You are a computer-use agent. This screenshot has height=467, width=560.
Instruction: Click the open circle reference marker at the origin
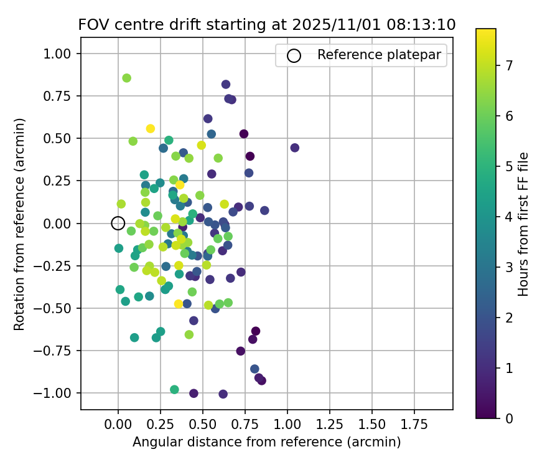(x=118, y=223)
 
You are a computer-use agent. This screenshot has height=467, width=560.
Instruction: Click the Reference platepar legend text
(x=379, y=55)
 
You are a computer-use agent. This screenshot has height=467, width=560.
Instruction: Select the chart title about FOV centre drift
(x=266, y=25)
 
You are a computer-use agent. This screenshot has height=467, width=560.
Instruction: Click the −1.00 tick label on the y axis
(x=58, y=393)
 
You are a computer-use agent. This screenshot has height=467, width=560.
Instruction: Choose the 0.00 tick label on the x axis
(x=118, y=425)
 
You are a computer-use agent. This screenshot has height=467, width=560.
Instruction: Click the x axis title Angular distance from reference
(x=266, y=442)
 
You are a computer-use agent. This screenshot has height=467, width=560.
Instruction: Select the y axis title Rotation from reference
(x=20, y=223)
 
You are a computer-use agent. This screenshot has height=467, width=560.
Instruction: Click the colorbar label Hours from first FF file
(x=523, y=223)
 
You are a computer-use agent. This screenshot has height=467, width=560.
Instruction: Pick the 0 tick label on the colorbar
(x=509, y=418)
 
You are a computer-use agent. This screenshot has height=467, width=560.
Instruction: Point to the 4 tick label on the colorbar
(x=509, y=217)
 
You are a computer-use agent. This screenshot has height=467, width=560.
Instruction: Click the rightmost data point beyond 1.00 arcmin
(x=295, y=148)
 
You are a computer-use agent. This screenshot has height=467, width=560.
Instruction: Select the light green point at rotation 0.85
(x=127, y=78)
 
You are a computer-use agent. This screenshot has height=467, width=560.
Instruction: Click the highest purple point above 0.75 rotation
(x=226, y=84)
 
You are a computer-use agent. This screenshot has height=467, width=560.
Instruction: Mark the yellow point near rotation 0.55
(x=151, y=128)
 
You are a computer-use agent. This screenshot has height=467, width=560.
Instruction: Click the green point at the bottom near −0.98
(x=175, y=390)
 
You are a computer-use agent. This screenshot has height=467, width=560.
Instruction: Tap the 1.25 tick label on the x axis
(x=330, y=425)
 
